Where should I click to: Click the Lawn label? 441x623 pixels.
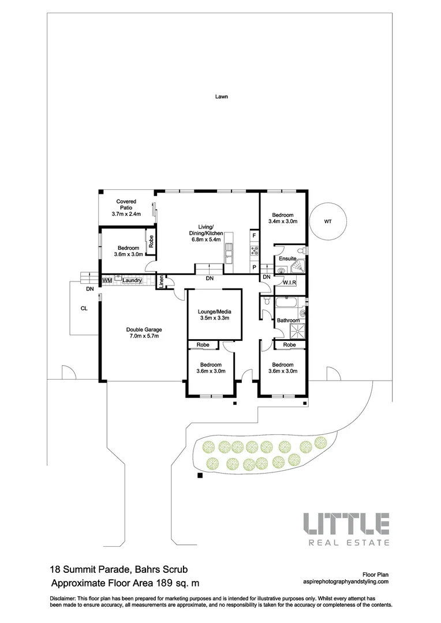[x=221, y=97]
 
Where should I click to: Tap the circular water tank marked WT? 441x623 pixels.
[x=327, y=221]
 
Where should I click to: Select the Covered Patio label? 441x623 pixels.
[x=126, y=208]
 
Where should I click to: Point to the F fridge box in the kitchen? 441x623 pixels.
[x=253, y=235]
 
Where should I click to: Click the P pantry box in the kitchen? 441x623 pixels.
[x=253, y=268]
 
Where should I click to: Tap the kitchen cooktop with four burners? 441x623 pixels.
[x=253, y=251]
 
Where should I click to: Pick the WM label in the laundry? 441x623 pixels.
[x=106, y=280]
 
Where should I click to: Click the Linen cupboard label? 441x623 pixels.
[x=161, y=282]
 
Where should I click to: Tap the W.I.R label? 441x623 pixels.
[x=289, y=283]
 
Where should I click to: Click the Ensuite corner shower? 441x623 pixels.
[x=299, y=267]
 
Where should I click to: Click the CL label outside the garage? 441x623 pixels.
[x=84, y=309]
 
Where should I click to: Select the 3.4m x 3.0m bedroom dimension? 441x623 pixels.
[x=284, y=221]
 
